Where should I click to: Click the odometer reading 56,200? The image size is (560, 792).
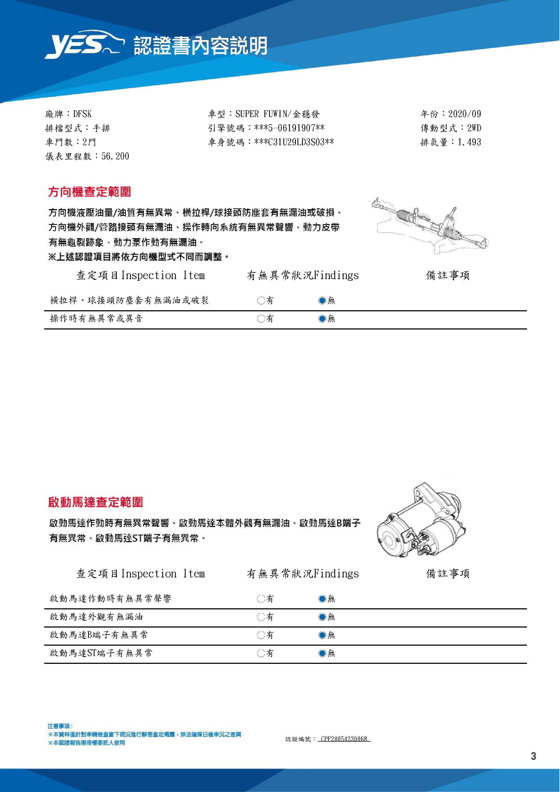pos(115,156)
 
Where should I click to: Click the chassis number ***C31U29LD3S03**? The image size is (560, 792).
pos(294,142)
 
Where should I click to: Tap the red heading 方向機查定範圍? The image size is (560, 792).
pos(89,192)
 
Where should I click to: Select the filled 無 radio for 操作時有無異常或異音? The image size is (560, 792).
pos(322,319)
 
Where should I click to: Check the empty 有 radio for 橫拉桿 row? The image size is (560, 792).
pos(261,300)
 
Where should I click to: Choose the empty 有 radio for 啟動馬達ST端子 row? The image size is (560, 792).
pos(261,653)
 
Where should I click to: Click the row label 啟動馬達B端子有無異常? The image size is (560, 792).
pos(99,635)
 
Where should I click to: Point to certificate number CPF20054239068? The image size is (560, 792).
pos(344,739)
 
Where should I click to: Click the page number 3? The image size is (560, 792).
pos(533,757)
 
